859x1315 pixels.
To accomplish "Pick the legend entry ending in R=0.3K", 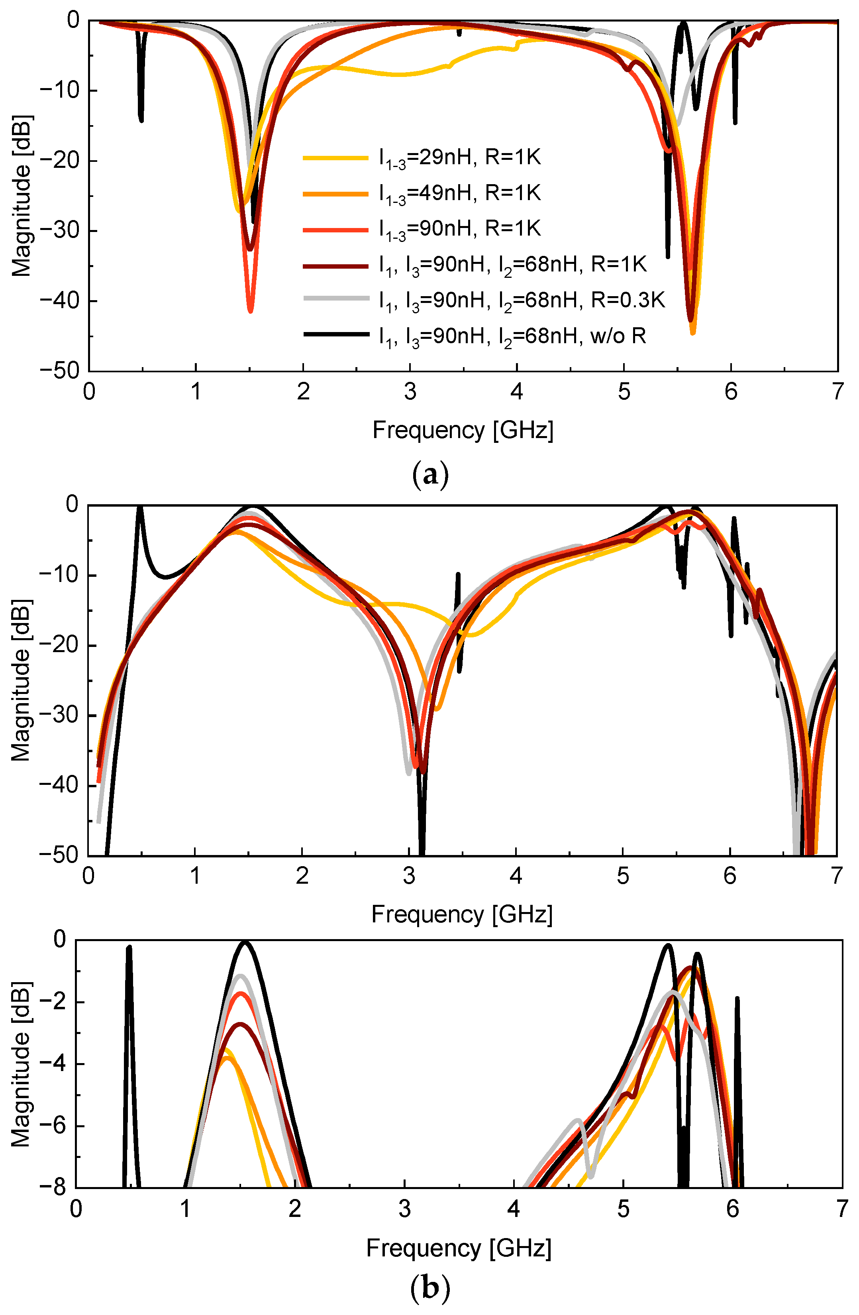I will click(x=522, y=300).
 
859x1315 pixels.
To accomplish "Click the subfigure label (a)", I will click(x=430, y=475).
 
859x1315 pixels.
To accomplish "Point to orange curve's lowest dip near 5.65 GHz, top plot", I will click(x=693, y=332).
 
